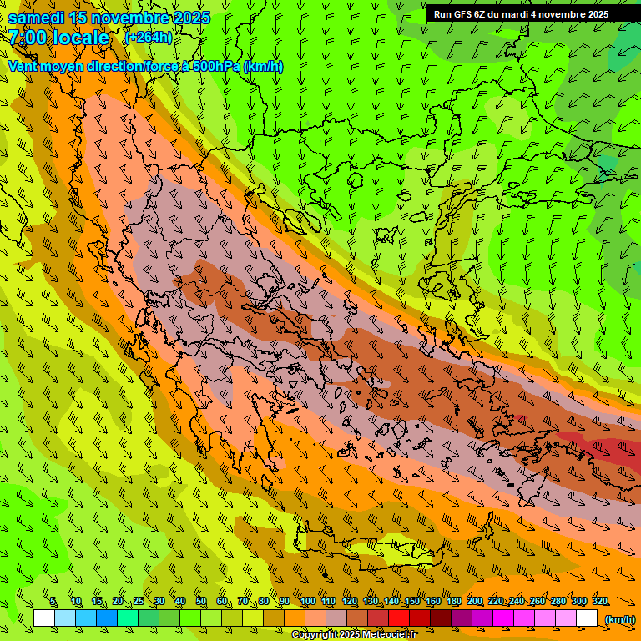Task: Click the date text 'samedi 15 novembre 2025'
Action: [109, 18]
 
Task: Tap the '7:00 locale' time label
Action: [59, 38]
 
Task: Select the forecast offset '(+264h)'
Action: [149, 38]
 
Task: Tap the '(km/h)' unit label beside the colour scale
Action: [619, 619]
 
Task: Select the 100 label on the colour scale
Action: [307, 602]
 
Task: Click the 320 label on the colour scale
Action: [599, 602]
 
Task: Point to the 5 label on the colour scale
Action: [53, 602]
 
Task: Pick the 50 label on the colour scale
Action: [201, 602]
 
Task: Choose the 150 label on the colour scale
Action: [412, 602]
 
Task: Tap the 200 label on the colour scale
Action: [475, 602]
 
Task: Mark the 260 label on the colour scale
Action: [538, 602]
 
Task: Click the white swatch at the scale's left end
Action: [44, 618]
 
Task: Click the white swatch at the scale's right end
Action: [587, 618]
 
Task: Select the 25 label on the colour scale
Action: [139, 602]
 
